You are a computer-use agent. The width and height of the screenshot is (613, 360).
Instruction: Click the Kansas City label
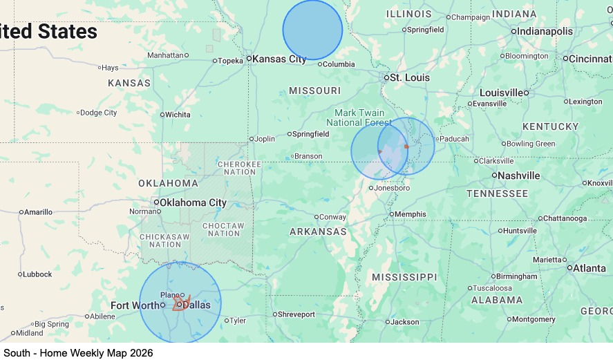(279, 59)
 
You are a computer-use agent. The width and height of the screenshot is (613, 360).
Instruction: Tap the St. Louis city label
(410, 77)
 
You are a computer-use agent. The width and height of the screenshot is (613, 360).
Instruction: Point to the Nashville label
(518, 176)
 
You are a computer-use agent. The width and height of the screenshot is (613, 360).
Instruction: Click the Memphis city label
(411, 214)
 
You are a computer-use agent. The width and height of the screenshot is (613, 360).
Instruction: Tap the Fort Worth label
(135, 305)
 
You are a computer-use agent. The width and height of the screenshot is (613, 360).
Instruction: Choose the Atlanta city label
(590, 268)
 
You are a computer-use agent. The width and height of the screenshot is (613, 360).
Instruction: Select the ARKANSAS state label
(318, 231)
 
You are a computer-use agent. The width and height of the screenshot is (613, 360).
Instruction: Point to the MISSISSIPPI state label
(404, 277)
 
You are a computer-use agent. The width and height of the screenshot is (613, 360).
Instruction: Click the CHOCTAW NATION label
(223, 229)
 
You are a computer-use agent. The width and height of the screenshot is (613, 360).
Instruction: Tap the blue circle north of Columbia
(312, 30)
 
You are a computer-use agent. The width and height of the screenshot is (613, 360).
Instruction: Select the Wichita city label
(178, 115)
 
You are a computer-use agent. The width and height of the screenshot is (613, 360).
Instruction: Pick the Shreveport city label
(296, 314)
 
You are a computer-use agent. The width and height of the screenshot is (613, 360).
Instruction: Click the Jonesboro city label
(392, 188)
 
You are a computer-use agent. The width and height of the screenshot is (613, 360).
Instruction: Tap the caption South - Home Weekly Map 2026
(78, 352)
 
